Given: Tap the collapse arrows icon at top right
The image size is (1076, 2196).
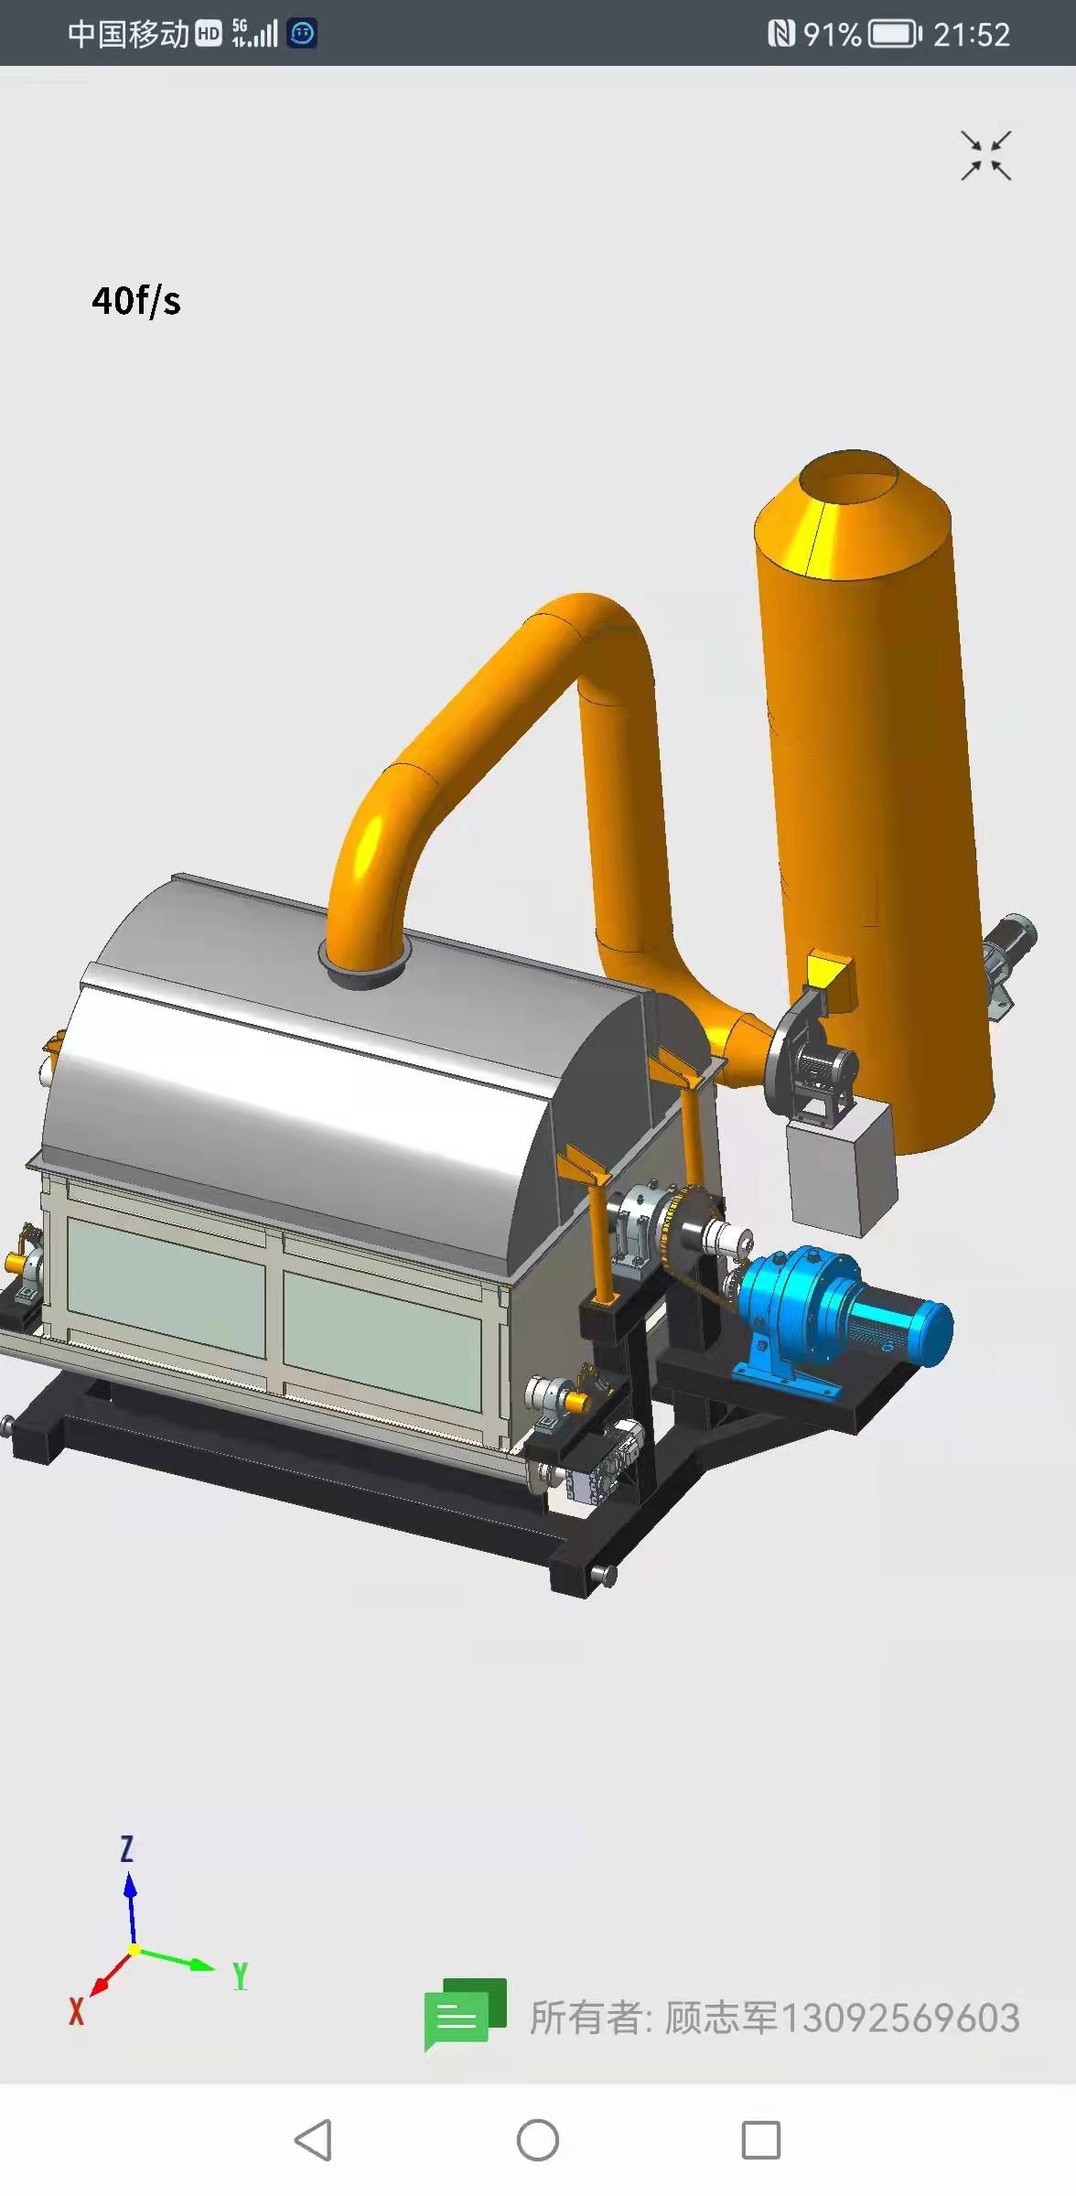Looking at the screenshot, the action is tap(985, 156).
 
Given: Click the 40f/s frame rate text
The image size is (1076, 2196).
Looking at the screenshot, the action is tap(136, 300).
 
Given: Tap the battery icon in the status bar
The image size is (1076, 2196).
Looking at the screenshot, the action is tap(895, 35).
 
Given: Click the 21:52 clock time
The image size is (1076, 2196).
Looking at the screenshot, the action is tap(972, 35).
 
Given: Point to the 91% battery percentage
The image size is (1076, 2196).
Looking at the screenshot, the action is tap(832, 35).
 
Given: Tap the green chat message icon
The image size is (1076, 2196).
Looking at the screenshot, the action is tap(465, 2014).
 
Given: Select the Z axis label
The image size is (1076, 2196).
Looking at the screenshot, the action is tap(127, 1849).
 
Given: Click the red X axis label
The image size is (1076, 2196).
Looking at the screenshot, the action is tap(77, 2011).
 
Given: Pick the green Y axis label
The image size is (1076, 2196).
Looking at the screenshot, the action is tap(240, 1977).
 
